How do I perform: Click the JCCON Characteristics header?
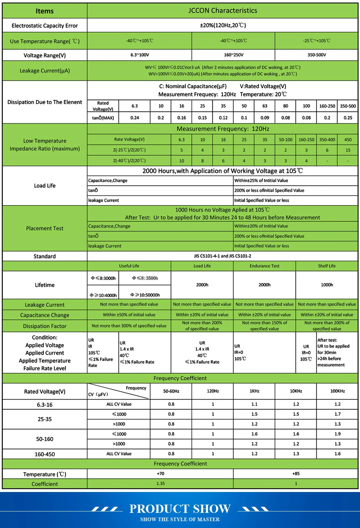tap(222, 11)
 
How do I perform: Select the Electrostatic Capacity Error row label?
tap(45, 26)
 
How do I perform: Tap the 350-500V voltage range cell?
tap(316, 55)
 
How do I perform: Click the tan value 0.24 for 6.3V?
tap(135, 118)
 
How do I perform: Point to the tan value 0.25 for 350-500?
tap(348, 118)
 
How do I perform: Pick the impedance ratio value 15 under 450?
tap(348, 150)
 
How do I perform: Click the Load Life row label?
tap(45, 186)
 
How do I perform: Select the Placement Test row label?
tap(45, 228)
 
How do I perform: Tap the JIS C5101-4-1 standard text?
tap(222, 256)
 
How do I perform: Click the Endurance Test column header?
tap(265, 266)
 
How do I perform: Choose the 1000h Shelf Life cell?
tap(327, 285)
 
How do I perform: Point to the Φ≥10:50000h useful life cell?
tap(145, 295)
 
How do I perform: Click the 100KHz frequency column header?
tap(337, 391)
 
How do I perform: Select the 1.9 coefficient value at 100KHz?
tap(337, 434)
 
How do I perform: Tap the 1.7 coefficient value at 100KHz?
tap(337, 414)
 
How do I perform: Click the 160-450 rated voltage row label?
tap(45, 454)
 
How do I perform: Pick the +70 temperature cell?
tap(161, 474)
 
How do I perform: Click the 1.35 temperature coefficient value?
tap(161, 484)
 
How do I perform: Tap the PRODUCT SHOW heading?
tap(180, 509)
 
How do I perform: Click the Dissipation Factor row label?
tap(45, 326)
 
